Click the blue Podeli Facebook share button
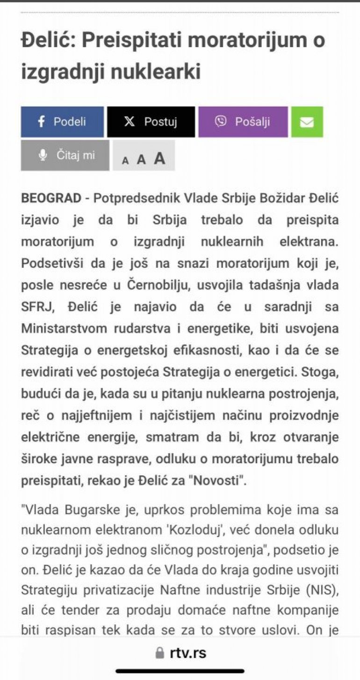click(62, 122)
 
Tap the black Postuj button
click(151, 122)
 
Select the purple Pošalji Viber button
click(243, 122)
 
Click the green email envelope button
click(307, 122)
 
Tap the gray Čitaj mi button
click(65, 155)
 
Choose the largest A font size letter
click(160, 158)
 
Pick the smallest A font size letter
click(125, 161)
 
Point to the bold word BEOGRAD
click(51, 198)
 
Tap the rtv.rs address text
click(188, 652)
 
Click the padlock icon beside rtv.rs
click(160, 653)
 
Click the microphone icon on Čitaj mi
click(43, 155)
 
